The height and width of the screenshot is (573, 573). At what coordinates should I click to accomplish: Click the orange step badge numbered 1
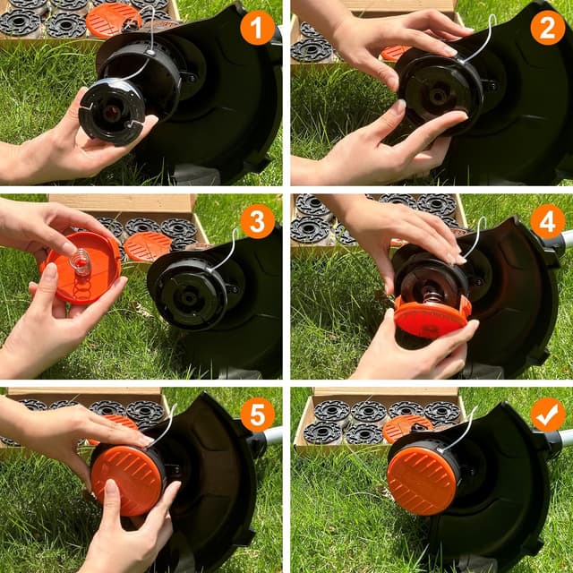[257, 29]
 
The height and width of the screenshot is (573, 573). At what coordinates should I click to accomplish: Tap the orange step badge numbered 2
[547, 29]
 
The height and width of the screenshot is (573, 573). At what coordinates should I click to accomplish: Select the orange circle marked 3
[257, 221]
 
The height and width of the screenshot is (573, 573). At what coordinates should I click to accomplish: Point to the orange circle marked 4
[547, 221]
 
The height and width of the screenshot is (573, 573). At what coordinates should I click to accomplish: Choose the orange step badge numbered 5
[257, 415]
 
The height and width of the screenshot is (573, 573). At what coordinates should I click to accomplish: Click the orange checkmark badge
[547, 415]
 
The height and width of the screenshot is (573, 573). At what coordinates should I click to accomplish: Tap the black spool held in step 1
[111, 110]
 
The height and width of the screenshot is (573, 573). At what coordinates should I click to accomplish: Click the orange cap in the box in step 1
[114, 19]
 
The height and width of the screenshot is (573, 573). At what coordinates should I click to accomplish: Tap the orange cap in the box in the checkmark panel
[407, 428]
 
